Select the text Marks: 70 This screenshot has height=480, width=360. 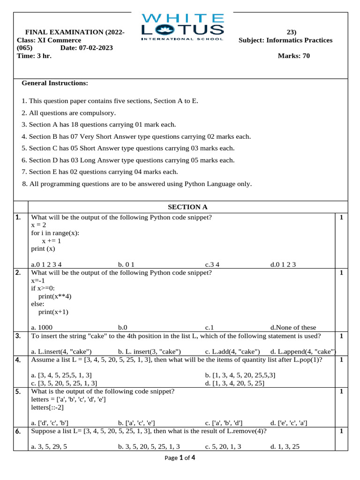click(294, 56)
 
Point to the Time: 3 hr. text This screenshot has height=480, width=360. click(34, 56)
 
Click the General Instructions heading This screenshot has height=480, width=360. click(55, 83)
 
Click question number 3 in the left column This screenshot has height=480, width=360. click(18, 336)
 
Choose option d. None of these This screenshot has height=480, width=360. click(293, 327)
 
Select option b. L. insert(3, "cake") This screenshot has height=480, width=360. click(150, 351)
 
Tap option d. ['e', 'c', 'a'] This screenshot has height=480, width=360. click(289, 423)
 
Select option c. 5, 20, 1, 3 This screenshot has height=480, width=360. click(223, 447)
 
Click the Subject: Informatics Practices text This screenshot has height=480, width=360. click(285, 40)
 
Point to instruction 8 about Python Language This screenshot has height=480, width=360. click(137, 184)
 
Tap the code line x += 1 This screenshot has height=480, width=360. click(52, 240)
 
